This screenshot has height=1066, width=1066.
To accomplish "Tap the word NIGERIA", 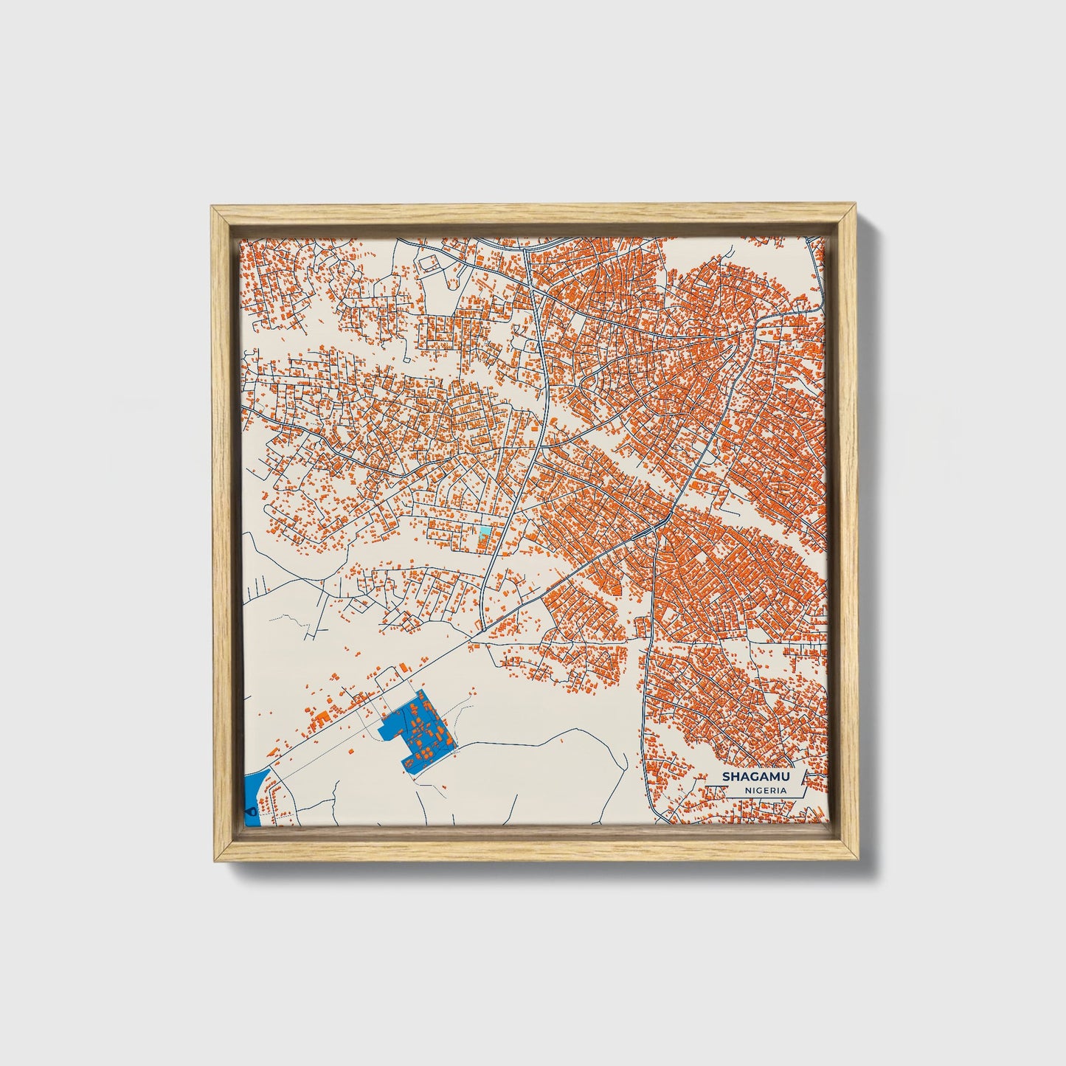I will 765,790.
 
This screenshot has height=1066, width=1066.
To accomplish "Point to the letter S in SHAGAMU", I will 726,776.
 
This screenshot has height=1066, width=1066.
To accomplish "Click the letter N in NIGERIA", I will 747,790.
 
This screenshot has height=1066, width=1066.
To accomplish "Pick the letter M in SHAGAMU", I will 766,776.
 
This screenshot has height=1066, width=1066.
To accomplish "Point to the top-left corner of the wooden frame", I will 212,207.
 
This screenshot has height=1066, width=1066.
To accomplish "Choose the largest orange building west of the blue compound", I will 321,715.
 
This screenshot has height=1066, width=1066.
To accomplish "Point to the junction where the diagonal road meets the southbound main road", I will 654,529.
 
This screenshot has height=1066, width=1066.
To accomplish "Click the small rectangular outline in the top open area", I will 428,263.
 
